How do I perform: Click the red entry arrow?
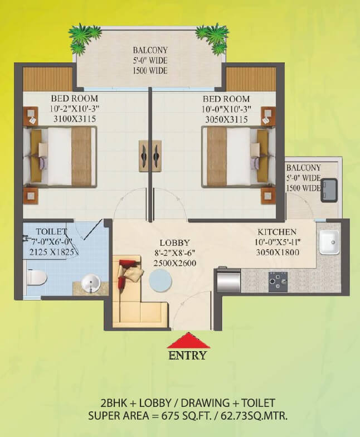188,341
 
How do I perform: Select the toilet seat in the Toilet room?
36,277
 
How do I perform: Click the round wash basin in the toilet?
90,284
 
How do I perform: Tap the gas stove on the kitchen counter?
278,281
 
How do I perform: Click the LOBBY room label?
174,243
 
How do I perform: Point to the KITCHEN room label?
276,231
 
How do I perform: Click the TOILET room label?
51,231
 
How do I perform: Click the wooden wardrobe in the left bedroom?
47,79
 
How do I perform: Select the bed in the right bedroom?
234,156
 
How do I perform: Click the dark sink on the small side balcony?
328,189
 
